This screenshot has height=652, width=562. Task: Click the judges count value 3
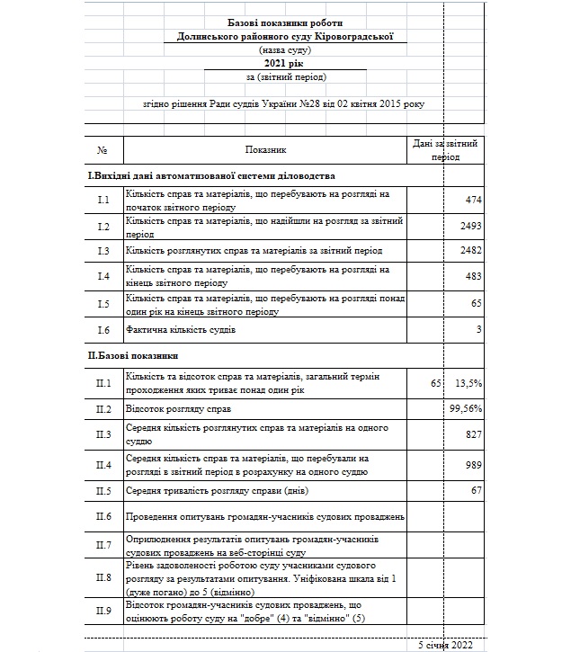click(x=478, y=330)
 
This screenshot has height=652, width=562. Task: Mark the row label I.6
click(x=103, y=330)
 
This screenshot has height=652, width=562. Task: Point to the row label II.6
click(x=103, y=516)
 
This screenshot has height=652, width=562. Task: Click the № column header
click(x=103, y=149)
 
